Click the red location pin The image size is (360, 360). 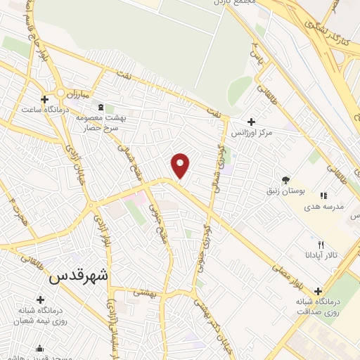point(181,165)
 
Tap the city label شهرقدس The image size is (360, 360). point(79,276)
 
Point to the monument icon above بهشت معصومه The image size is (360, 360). point(100,107)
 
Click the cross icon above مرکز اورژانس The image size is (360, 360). point(251,122)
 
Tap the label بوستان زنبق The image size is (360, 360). point(285,191)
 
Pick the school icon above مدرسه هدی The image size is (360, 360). point(323,195)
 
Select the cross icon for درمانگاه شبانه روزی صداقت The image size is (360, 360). point(319,291)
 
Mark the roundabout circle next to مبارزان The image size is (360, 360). point(61,92)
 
